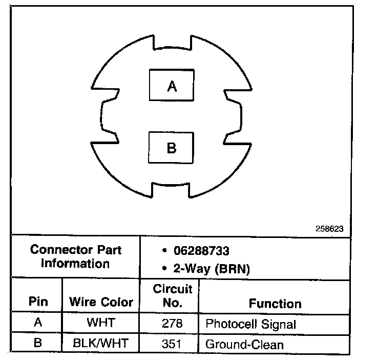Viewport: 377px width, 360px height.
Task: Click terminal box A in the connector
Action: point(172,86)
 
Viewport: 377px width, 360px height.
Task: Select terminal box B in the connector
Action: point(172,148)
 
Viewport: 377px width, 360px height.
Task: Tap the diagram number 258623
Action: point(330,229)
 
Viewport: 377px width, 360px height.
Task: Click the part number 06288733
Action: point(200,251)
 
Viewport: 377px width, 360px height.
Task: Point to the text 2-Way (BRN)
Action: point(206,269)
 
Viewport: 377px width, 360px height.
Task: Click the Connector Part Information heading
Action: point(76,257)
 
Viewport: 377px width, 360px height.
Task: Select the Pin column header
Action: point(37,302)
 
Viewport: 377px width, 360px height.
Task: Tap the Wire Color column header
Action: point(101,302)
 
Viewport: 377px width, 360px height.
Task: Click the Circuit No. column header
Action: point(172,295)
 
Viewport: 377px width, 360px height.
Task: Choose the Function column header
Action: point(275,303)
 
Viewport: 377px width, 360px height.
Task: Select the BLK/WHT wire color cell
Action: point(101,343)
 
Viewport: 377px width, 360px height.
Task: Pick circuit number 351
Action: point(172,343)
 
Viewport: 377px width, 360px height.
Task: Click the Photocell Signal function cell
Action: point(250,324)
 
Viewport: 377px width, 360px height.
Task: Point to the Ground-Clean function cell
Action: point(244,344)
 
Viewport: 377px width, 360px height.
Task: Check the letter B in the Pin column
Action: point(37,343)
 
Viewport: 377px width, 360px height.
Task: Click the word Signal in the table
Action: point(279,325)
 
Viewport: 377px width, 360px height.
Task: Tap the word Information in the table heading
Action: point(76,264)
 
